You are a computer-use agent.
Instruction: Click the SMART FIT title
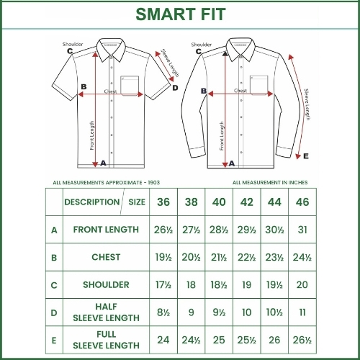[x=179, y=14]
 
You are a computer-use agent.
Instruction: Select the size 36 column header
[x=163, y=202]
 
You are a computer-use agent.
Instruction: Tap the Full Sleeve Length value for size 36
[x=163, y=339]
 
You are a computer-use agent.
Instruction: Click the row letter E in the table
[x=53, y=339]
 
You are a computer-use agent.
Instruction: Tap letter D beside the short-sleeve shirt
[x=175, y=88]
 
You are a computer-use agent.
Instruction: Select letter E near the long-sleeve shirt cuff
[x=305, y=156]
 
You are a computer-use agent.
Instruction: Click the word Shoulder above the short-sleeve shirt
[x=73, y=44]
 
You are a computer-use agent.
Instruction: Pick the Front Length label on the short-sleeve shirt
[x=92, y=134]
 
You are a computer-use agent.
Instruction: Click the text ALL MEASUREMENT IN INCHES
[x=270, y=182]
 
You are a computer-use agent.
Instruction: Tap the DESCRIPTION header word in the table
[x=91, y=202]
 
